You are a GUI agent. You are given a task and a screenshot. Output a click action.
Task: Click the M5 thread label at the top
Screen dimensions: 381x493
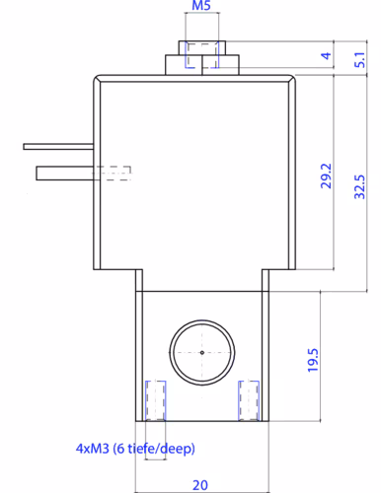point(201,6)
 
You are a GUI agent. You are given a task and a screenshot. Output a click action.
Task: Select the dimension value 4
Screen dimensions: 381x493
point(326,55)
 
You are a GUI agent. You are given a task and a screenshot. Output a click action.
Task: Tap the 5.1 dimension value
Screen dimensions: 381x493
point(359,59)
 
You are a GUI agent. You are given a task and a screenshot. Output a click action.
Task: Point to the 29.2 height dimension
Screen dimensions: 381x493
point(326,176)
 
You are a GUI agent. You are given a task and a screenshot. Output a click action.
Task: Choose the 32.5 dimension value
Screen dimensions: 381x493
point(359,186)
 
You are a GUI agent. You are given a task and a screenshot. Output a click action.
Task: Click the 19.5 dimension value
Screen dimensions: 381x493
point(313,360)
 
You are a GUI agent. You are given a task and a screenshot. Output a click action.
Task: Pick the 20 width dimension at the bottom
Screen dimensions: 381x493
point(200,485)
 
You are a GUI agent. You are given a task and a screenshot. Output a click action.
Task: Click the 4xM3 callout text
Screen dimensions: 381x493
point(93,449)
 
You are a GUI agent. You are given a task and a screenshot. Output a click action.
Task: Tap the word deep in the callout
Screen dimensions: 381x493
point(178,449)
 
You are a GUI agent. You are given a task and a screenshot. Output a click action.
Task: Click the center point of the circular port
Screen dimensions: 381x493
point(202,353)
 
